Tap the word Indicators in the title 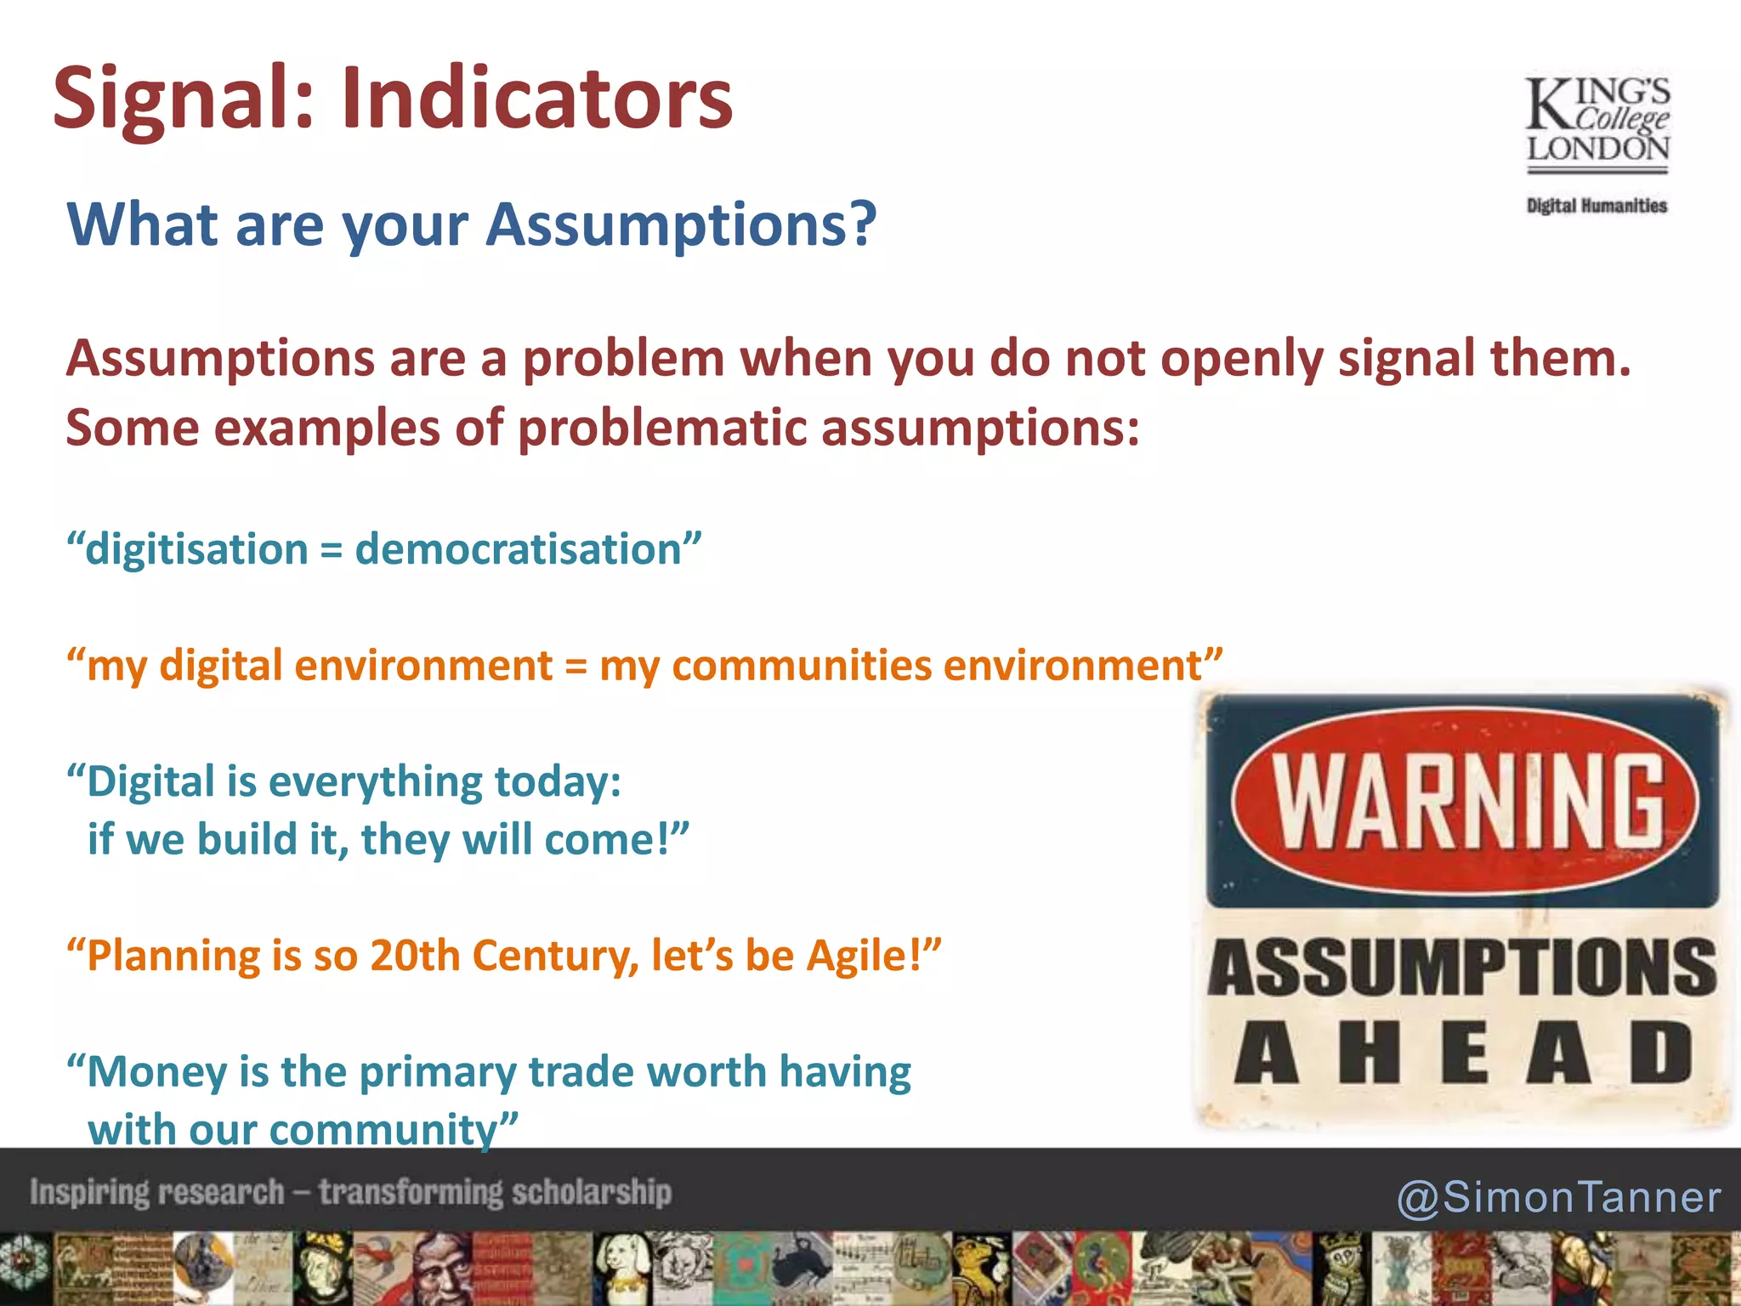[x=536, y=99]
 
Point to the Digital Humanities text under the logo [x=1596, y=206]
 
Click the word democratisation [x=519, y=549]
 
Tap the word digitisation [x=197, y=549]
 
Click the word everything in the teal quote [x=375, y=781]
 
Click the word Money [x=157, y=1071]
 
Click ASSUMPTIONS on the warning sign [x=1462, y=968]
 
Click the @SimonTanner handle [x=1558, y=1196]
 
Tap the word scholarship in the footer [x=592, y=1192]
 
